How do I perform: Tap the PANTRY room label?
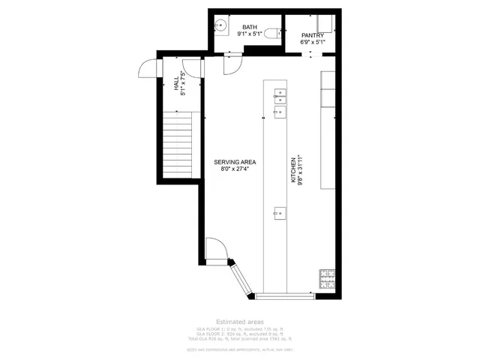click(312, 35)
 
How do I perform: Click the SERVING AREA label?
click(235, 162)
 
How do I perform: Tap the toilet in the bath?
click(277, 32)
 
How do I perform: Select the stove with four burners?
click(327, 279)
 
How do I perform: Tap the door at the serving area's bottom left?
click(214, 248)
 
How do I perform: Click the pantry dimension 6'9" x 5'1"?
click(312, 42)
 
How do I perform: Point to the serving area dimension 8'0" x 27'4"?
click(235, 169)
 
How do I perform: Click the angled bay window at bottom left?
click(243, 277)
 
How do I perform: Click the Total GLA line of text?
click(239, 338)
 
